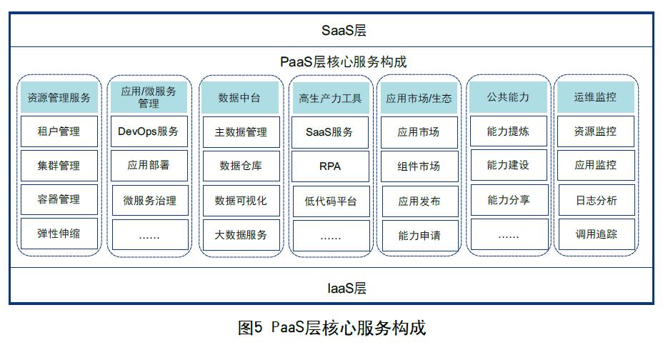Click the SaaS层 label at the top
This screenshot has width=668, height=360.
point(343,31)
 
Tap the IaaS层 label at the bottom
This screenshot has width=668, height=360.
point(343,289)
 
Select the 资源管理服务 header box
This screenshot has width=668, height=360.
point(59,97)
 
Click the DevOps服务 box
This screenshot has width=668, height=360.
point(149,131)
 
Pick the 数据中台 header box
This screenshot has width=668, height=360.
point(239,97)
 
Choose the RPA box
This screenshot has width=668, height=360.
point(329,166)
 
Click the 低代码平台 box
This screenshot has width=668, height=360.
point(329,201)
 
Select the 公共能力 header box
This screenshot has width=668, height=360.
point(508,97)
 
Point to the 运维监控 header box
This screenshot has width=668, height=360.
point(595,97)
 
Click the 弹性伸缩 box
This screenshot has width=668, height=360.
point(59,234)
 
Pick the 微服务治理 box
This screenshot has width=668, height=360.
point(149,201)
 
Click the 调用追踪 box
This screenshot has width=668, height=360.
point(595,234)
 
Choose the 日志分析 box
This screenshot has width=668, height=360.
point(595,200)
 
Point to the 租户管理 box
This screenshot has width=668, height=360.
point(59,131)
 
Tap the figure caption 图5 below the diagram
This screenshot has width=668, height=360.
point(331,328)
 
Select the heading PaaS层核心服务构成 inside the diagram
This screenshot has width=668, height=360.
point(343,61)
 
